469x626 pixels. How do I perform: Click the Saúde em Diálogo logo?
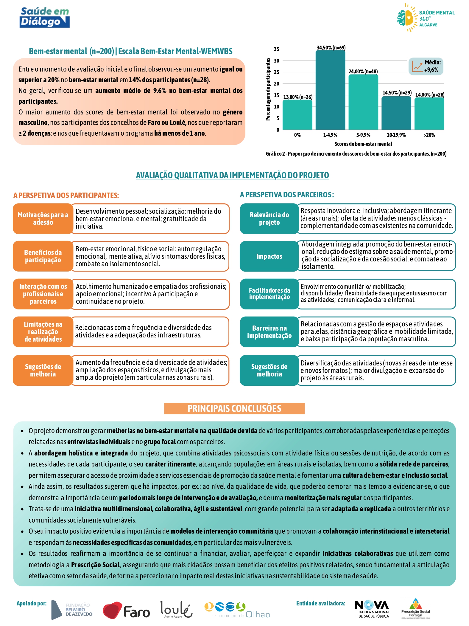pos(45,18)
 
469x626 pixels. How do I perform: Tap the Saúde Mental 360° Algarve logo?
pos(426,18)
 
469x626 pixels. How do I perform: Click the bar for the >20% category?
pos(429,114)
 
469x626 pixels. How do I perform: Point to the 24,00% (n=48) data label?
pos(363,72)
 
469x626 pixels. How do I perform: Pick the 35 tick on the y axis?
pos(277,49)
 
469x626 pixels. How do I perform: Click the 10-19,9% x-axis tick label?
pos(396,135)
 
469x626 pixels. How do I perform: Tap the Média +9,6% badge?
pos(426,66)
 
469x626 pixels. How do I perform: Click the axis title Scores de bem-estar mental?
pos(363,144)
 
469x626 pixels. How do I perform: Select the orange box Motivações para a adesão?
pos(43,219)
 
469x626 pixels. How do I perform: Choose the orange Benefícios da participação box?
pos(43,256)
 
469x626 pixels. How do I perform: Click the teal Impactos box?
pos(269,256)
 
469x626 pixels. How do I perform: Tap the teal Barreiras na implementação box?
pos(269,332)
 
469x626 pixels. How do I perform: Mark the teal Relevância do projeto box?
pos(269,219)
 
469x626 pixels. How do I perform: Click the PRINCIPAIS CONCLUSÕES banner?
pos(234,408)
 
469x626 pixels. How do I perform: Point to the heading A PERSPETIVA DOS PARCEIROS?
pos(287,195)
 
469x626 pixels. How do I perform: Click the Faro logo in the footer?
pos(126,610)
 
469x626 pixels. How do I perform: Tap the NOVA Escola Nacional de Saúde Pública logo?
pos(372,609)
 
